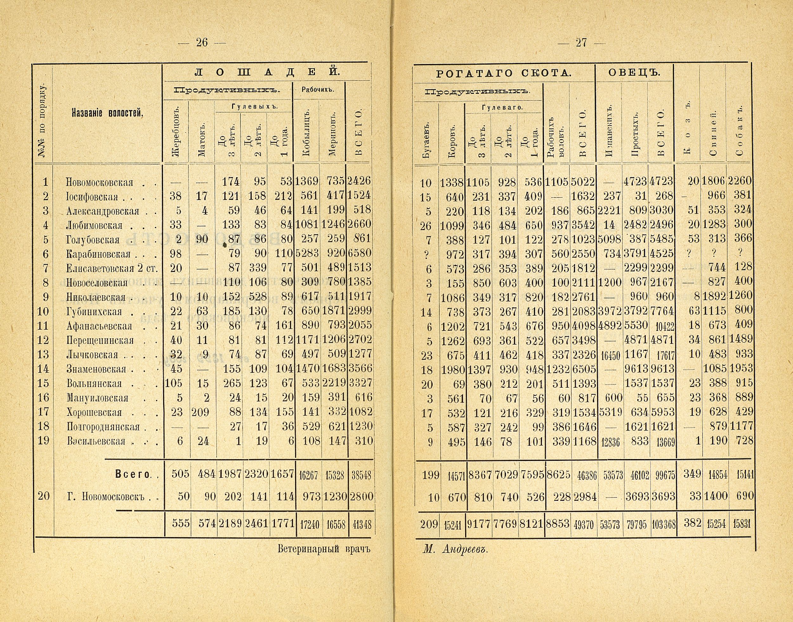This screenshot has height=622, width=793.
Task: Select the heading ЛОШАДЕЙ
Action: (267, 72)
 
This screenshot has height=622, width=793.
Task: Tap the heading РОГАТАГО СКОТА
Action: (504, 74)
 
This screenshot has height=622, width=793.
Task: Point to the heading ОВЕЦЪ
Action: (634, 73)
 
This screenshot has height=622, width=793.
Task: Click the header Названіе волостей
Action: (108, 113)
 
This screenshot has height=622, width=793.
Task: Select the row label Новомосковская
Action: (99, 182)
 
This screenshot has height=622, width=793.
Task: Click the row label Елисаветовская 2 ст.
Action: (112, 269)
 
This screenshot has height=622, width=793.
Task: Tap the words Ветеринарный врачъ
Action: (324, 549)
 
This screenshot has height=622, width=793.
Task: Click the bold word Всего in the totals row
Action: (133, 474)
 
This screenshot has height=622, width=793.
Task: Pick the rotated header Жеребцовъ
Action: (176, 132)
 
